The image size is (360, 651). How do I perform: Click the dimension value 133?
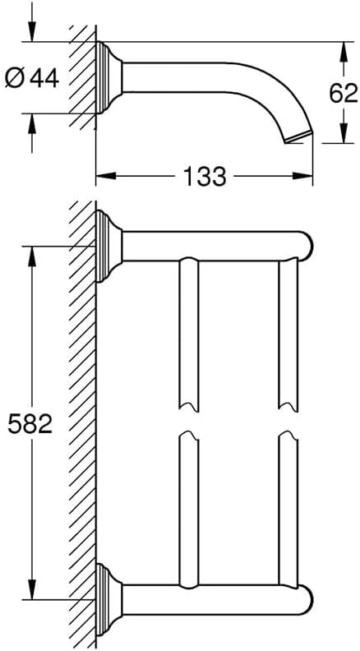205,176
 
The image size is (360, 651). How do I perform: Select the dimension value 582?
30,424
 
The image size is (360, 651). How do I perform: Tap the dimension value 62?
344,94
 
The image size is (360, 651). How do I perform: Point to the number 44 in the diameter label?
44,77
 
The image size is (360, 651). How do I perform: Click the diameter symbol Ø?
15,77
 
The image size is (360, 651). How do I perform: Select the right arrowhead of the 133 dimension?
302,176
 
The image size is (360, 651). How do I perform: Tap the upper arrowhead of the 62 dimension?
343,52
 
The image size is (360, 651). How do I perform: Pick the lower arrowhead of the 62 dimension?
343,133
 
